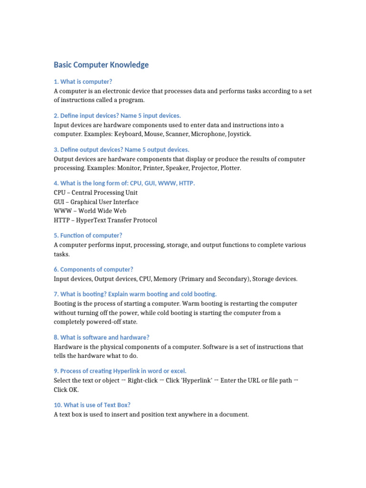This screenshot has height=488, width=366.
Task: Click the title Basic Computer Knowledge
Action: pyautogui.click(x=101, y=65)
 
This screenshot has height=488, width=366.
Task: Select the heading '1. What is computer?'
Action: pyautogui.click(x=83, y=81)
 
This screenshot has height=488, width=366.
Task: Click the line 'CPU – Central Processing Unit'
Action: pyautogui.click(x=96, y=193)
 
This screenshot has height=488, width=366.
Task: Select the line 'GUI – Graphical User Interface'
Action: pyautogui.click(x=96, y=202)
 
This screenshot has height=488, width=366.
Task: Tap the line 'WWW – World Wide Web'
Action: pyautogui.click(x=90, y=211)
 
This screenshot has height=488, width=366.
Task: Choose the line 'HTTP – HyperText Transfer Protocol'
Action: pyautogui.click(x=105, y=220)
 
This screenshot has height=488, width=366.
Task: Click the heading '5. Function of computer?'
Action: pyautogui.click(x=88, y=235)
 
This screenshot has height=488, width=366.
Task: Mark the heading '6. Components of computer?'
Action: pyautogui.click(x=93, y=269)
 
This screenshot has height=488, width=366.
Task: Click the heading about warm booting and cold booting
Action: pyautogui.click(x=135, y=294)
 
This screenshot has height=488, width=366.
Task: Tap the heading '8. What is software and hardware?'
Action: pyautogui.click(x=102, y=337)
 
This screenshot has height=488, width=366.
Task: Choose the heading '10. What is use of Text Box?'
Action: pyautogui.click(x=92, y=405)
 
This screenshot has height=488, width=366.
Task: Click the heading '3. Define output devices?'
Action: pyautogui.click(x=122, y=150)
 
